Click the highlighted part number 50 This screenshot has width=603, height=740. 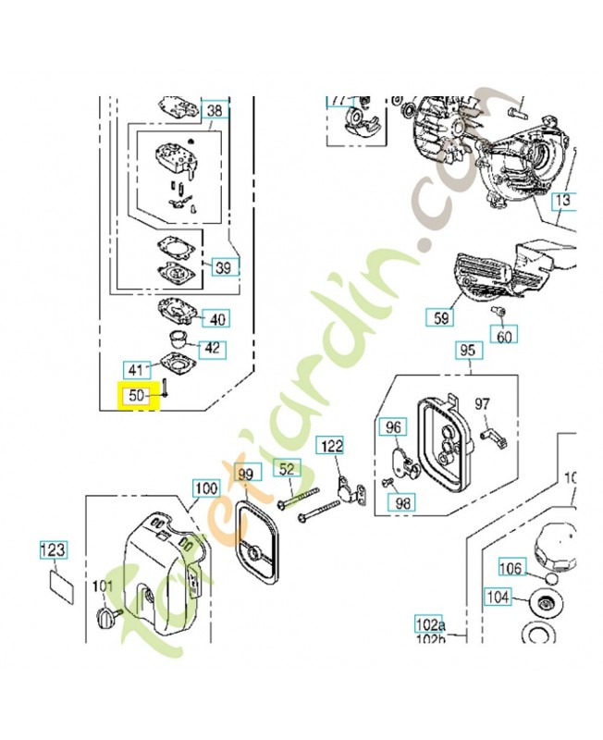[x=137, y=396]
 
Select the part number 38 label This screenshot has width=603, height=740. [x=215, y=111]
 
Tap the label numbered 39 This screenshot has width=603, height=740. [x=224, y=267]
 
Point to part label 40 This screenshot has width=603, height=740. [x=217, y=319]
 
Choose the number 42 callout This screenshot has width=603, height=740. [x=213, y=349]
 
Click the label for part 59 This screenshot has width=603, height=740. [x=441, y=317]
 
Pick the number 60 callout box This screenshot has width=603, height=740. [x=504, y=335]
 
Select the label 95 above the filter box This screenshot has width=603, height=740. [x=467, y=351]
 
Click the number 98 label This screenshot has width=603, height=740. [x=403, y=502]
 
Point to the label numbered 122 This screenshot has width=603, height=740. [x=331, y=446]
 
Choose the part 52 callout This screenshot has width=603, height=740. [x=287, y=470]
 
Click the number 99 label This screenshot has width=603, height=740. [x=245, y=475]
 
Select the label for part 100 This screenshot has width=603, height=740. [x=206, y=487]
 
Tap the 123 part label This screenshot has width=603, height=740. [x=53, y=551]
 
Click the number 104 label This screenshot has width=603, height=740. [x=498, y=598]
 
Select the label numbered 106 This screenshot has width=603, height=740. [x=511, y=567]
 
